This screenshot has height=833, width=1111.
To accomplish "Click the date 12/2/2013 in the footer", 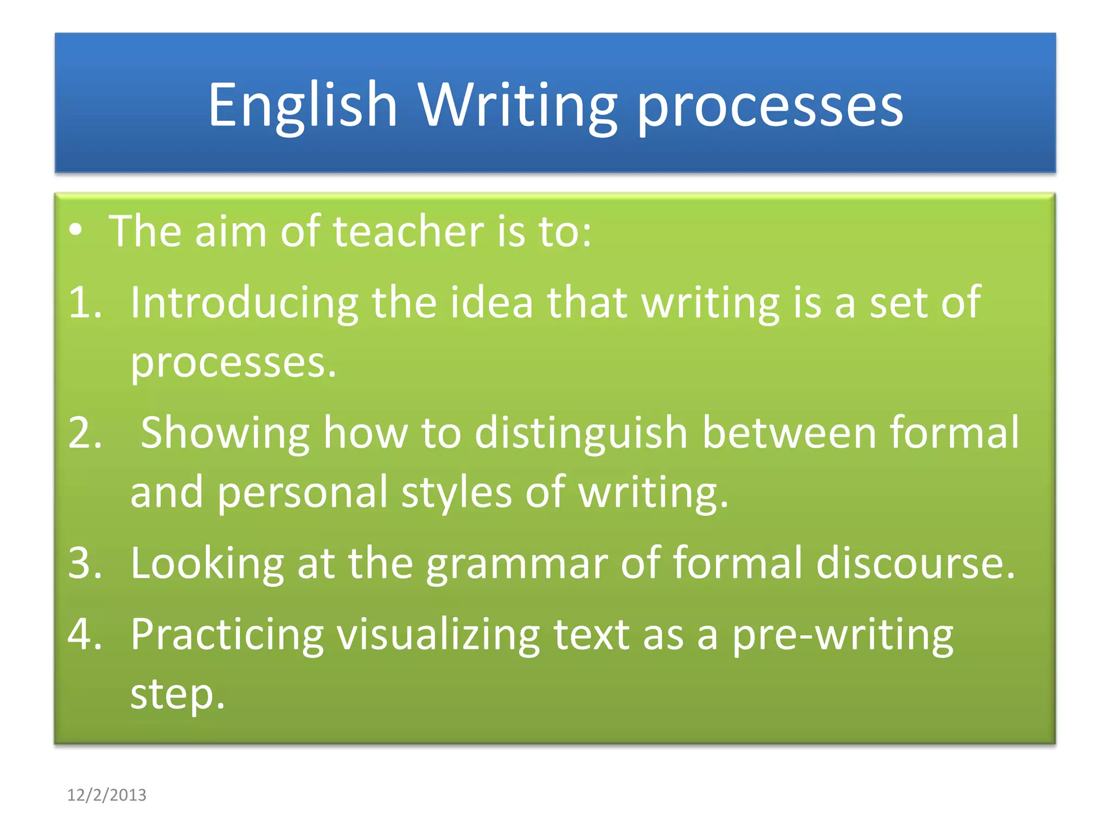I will [106, 795].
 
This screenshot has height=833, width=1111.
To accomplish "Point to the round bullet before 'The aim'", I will [76, 230].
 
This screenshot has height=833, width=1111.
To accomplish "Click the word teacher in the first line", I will [408, 232].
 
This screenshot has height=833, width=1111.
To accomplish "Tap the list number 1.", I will [85, 303].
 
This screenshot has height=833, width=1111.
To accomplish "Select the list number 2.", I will [85, 433].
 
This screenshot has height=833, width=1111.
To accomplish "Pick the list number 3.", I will [85, 563].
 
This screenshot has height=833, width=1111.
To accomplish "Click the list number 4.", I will [85, 635].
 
